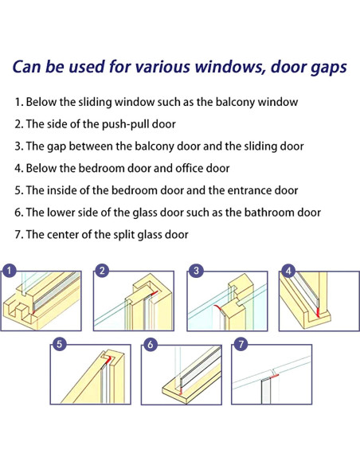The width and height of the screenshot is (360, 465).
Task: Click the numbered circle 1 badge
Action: pyautogui.click(x=9, y=271)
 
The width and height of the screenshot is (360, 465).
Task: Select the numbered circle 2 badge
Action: pyautogui.click(x=102, y=271)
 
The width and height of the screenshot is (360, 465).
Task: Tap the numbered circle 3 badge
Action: pyautogui.click(x=196, y=271)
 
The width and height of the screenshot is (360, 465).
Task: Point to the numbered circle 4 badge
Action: pyautogui.click(x=288, y=271)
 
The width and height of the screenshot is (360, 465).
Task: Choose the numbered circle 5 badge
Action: pyautogui.click(x=59, y=344)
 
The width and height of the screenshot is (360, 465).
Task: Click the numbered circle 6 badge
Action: pyautogui.click(x=151, y=344)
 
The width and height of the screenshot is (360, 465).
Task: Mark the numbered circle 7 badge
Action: pyautogui.click(x=241, y=344)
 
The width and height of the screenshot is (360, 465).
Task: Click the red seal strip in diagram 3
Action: pyautogui.click(x=218, y=308)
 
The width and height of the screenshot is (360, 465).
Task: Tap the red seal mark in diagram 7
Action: pyautogui.click(x=274, y=376)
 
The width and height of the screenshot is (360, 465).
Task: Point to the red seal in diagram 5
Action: pyautogui.click(x=108, y=359)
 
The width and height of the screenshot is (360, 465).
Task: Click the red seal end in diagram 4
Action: pyautogui.click(x=318, y=312)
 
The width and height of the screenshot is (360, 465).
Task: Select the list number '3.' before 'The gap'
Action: pyautogui.click(x=18, y=147)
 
